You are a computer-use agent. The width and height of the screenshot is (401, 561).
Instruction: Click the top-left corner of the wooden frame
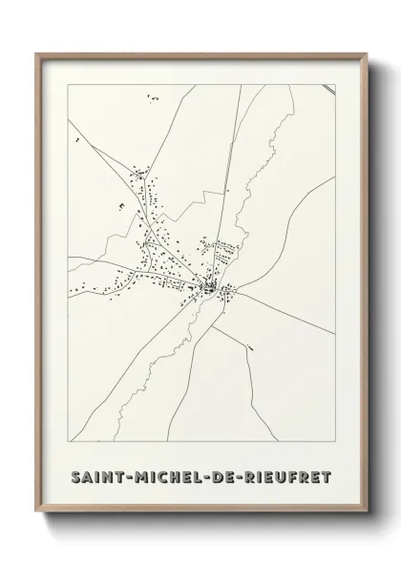[x=36, y=53]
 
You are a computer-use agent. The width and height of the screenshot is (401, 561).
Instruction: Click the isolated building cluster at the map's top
[x=151, y=96]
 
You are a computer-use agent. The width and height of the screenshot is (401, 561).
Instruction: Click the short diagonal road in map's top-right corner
[x=327, y=90]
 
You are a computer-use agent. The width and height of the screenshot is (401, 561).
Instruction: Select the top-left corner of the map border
[x=68, y=85]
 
